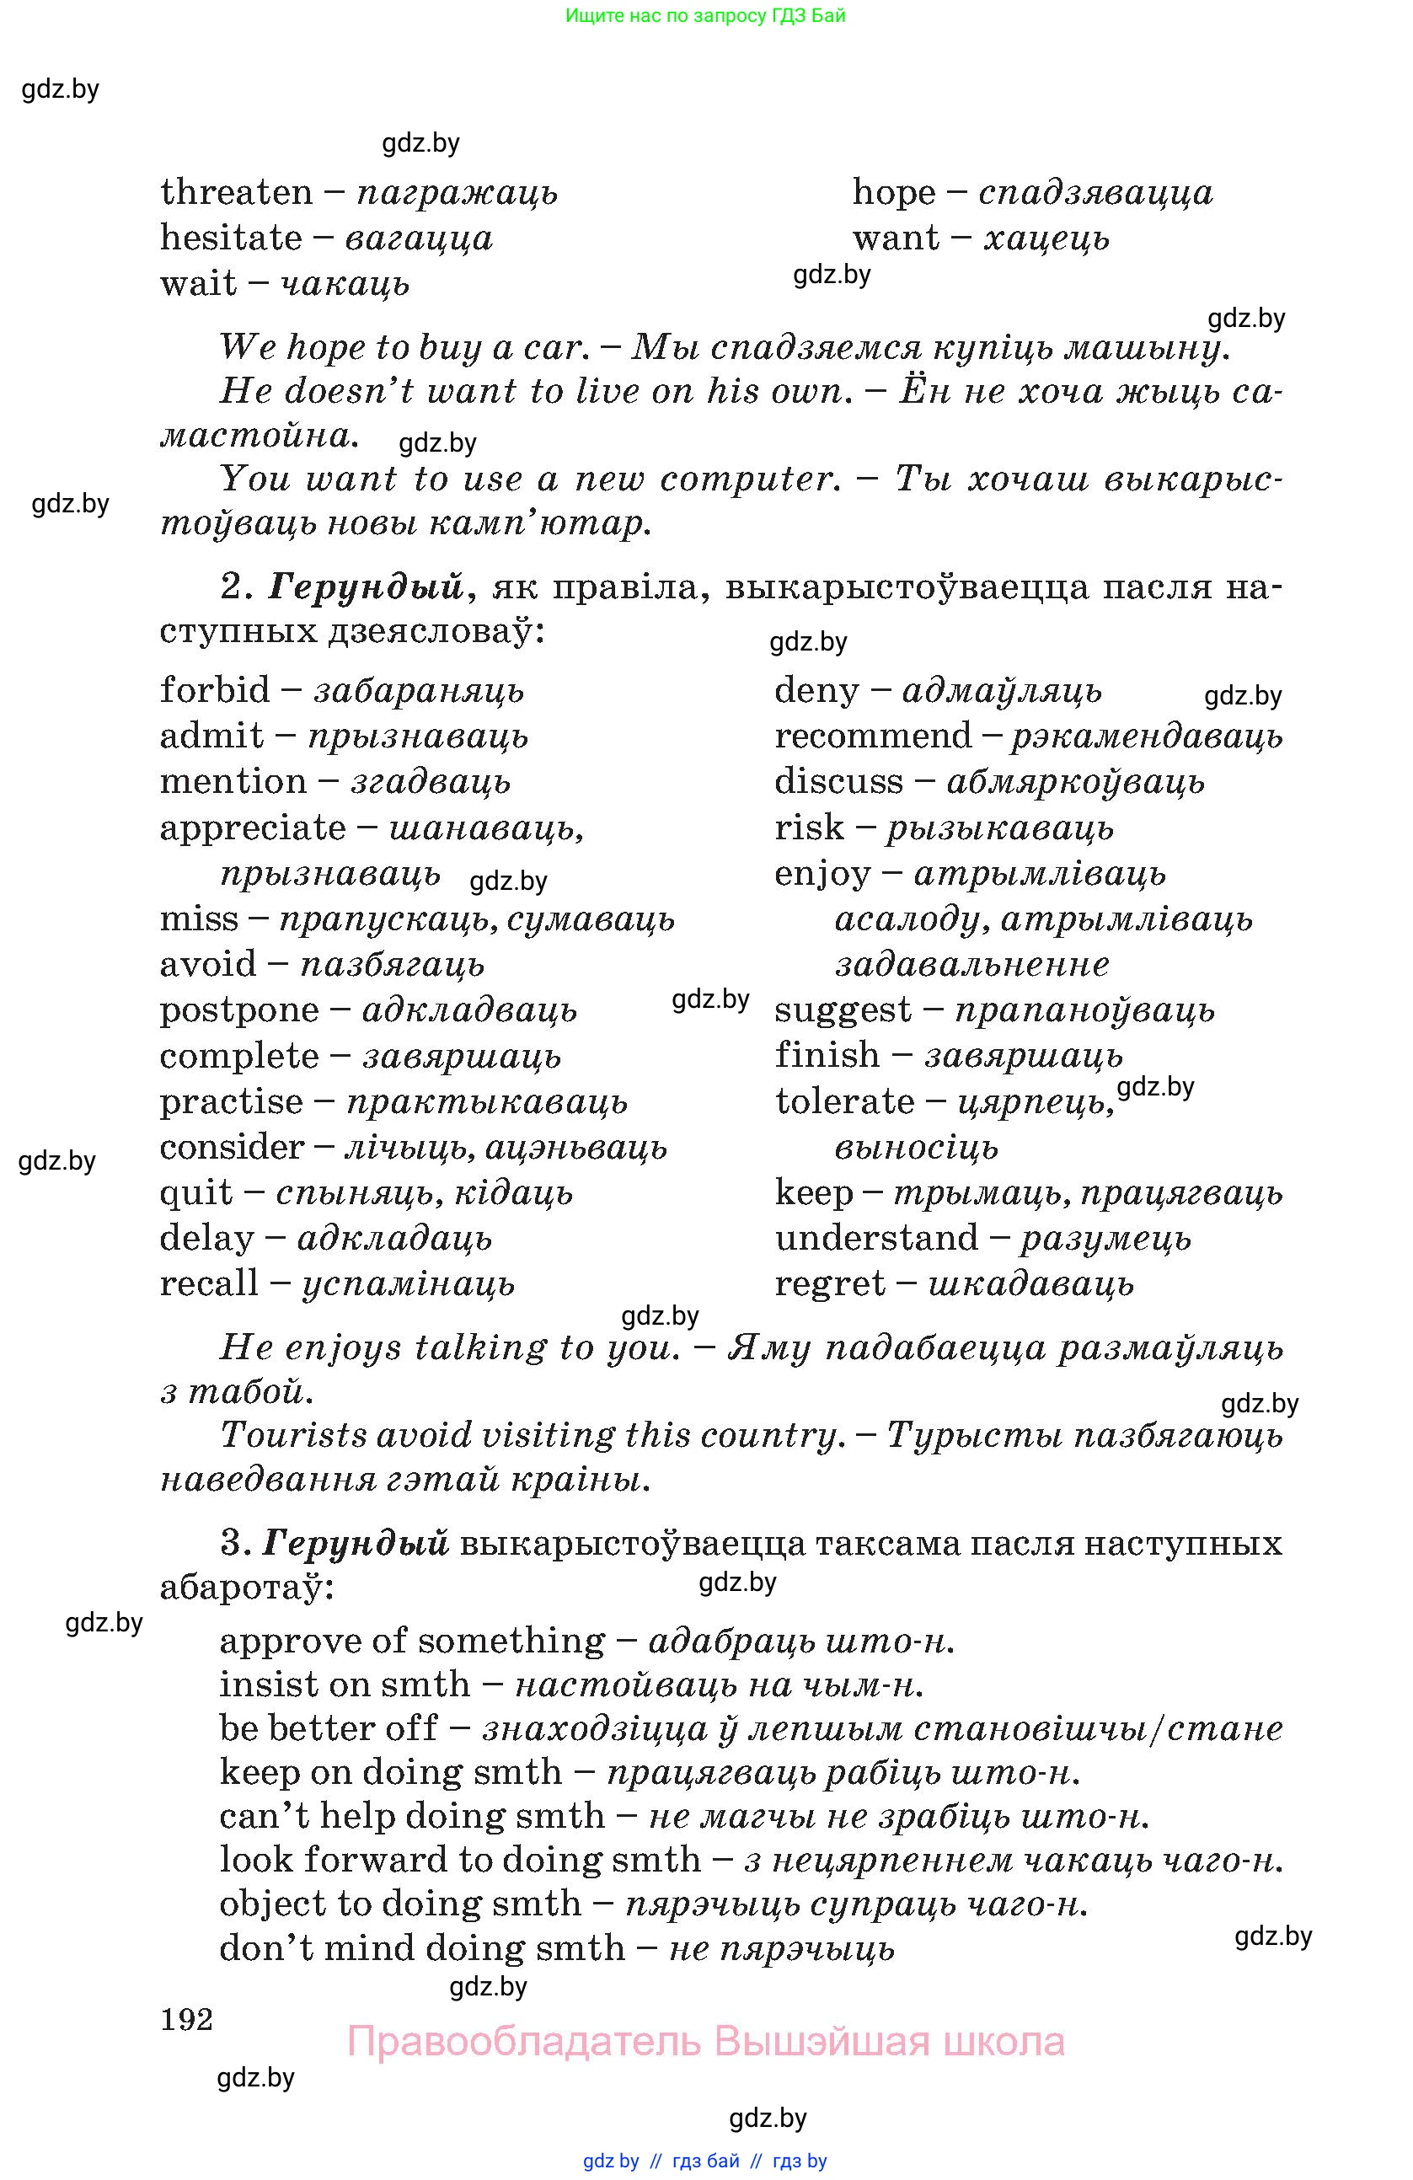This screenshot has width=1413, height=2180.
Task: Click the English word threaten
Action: click(236, 192)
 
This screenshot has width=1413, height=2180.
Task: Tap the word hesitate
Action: click(231, 238)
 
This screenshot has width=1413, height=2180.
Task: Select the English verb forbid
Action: click(215, 689)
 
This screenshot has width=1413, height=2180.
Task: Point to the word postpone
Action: click(239, 1010)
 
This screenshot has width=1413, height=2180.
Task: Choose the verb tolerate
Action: click(844, 1101)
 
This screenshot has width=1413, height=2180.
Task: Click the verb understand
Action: click(876, 1239)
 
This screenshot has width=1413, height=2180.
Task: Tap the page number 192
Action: click(187, 2019)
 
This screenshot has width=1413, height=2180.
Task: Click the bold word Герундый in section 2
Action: click(366, 587)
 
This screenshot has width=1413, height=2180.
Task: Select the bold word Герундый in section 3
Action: click(356, 1544)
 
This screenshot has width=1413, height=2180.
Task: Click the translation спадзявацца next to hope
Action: click(1095, 192)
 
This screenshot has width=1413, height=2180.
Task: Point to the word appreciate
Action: click(253, 828)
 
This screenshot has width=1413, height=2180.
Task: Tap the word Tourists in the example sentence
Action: click(293, 1435)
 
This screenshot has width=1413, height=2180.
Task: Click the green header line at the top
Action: click(705, 15)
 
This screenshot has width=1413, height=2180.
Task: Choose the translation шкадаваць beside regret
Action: click(1030, 1284)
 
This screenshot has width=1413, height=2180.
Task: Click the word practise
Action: click(231, 1101)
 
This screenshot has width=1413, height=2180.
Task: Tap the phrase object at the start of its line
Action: click(273, 1904)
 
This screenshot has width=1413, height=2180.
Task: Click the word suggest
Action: click(843, 1010)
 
